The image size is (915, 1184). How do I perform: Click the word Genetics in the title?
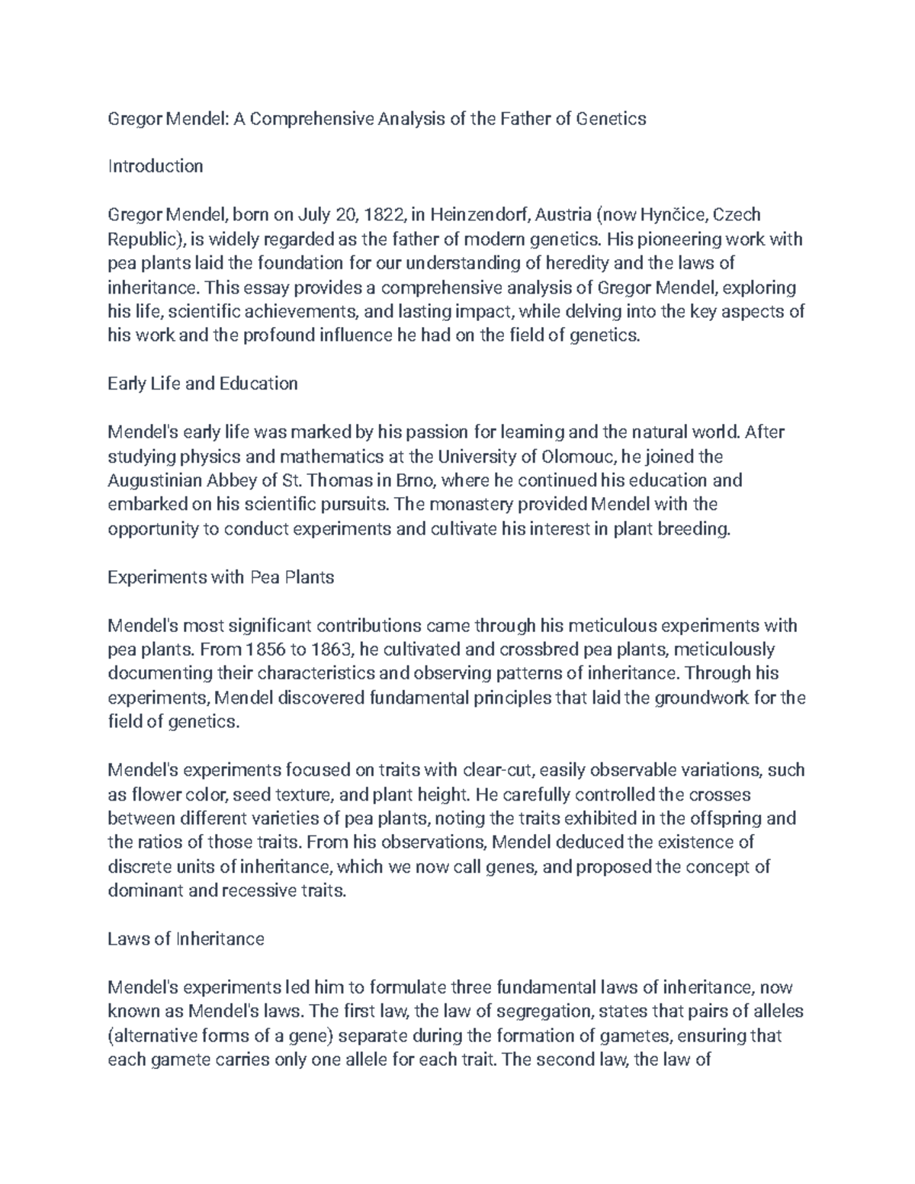tap(610, 118)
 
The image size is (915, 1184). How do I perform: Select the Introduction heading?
tap(156, 166)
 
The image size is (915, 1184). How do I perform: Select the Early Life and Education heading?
tap(203, 383)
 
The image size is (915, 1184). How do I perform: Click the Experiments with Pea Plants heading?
tap(221, 577)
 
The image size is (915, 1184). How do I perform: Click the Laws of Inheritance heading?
tap(186, 939)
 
